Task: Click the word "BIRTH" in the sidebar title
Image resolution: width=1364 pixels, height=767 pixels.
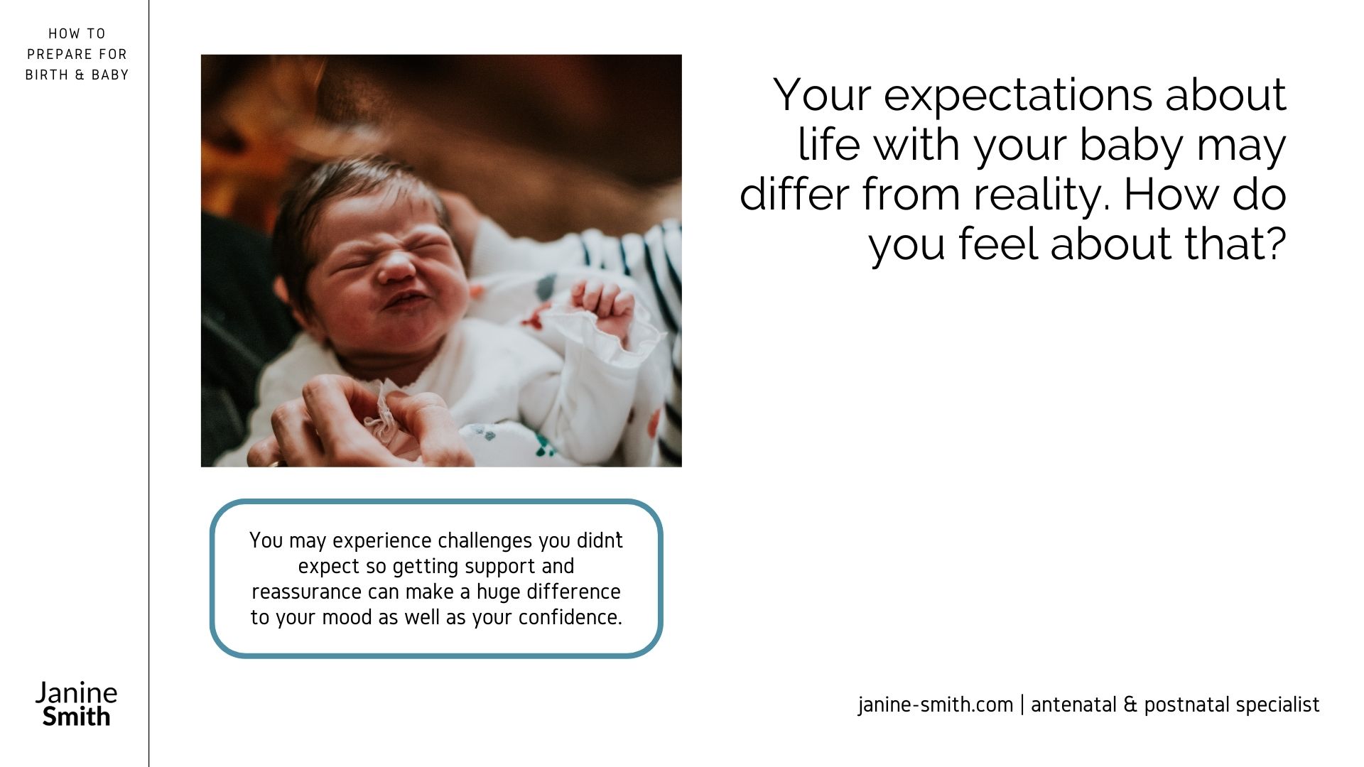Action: (47, 75)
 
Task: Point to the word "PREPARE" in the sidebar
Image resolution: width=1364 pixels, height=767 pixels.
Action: (62, 54)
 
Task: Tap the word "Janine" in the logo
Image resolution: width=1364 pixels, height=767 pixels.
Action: (77, 692)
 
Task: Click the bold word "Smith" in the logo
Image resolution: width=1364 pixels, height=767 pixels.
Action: (77, 716)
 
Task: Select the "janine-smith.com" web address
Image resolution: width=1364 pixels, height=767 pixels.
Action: (936, 705)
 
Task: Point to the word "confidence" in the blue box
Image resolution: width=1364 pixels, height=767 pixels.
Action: (570, 618)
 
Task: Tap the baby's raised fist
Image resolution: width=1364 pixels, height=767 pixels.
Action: (604, 305)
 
